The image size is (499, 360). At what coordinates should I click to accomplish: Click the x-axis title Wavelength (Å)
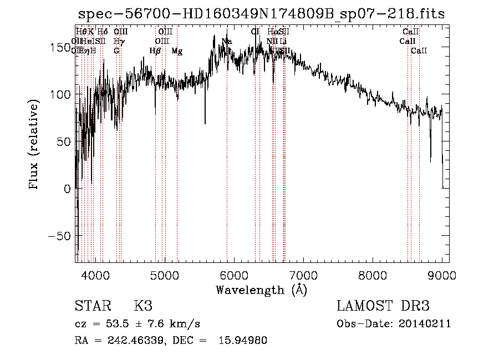[x=262, y=289]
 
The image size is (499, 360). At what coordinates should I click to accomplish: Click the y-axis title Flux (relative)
[x=34, y=145]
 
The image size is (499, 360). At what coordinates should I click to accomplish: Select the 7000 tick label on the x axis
[x=303, y=275]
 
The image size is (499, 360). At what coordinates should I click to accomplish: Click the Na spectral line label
[x=227, y=42]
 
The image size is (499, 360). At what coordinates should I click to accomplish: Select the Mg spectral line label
[x=177, y=51]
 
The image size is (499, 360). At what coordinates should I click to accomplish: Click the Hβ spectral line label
[x=155, y=51]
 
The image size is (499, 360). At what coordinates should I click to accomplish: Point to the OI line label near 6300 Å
[x=255, y=32]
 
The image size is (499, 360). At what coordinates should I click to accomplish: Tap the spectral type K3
[x=142, y=306]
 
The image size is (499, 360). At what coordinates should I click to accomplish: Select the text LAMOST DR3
[x=383, y=306]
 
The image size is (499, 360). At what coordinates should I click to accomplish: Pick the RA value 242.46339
[x=134, y=341]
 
